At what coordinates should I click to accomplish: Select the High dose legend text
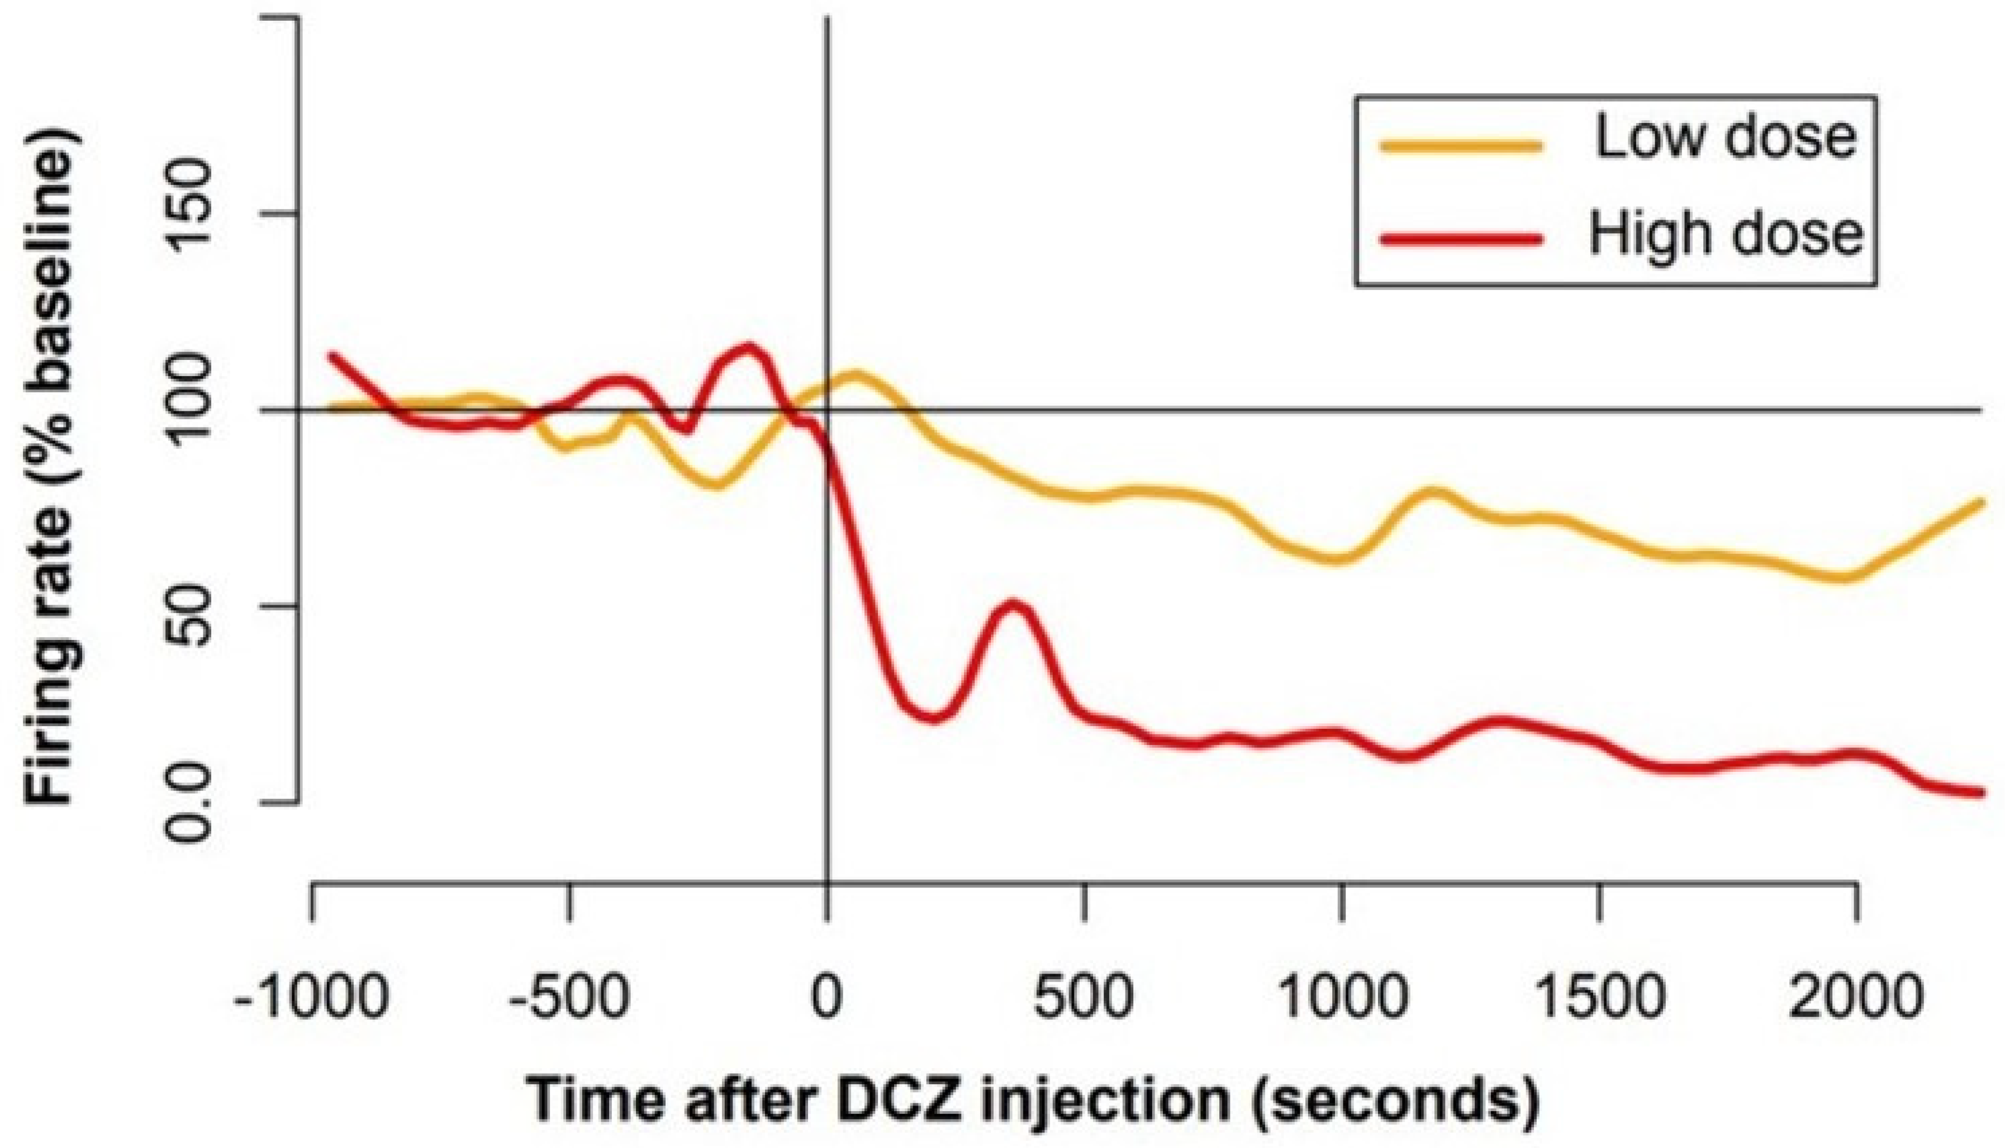click(x=1724, y=234)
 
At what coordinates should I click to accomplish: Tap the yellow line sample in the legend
click(x=1460, y=145)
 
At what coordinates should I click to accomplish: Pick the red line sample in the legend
click(x=1460, y=239)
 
